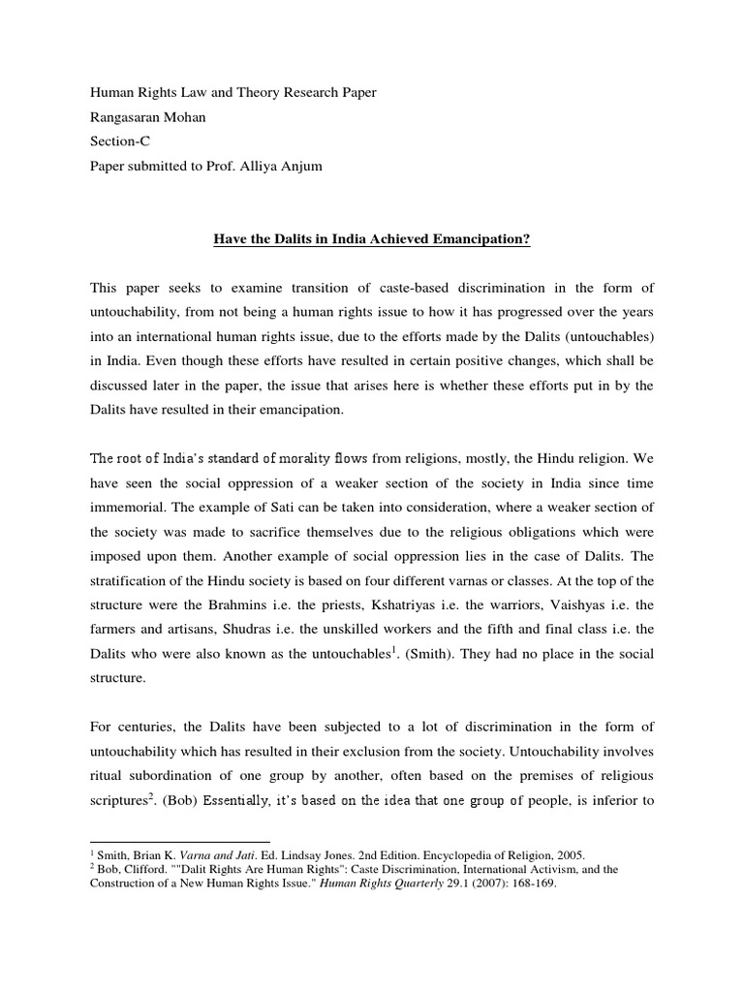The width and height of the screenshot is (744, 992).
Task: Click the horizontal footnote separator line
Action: pos(179,842)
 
